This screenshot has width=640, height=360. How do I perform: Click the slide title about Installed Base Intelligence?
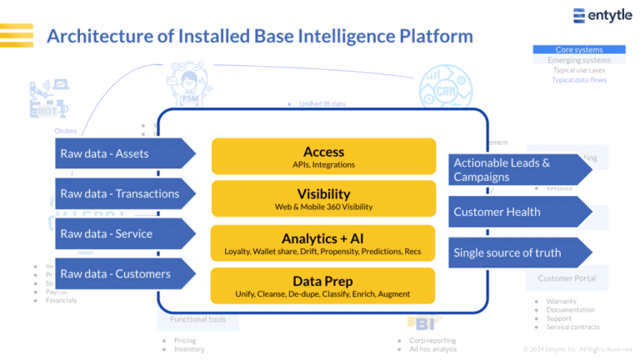(259, 36)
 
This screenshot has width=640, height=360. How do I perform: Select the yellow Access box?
(323, 157)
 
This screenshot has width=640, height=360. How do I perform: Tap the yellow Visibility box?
(323, 199)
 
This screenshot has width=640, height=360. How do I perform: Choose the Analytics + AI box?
(323, 242)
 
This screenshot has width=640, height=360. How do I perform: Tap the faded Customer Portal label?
(567, 278)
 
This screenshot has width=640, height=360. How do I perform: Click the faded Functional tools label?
(197, 319)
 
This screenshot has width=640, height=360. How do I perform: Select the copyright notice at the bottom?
(577, 349)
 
